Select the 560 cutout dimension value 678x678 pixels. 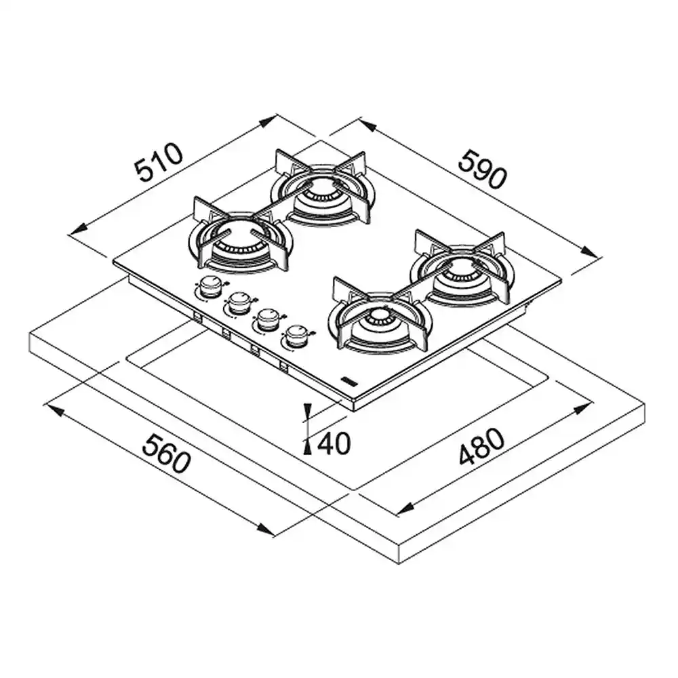pos(167,454)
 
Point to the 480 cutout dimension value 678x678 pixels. pos(481,447)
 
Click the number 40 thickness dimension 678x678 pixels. pos(334,443)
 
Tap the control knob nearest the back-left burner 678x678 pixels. pos(210,287)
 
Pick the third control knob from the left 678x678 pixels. pos(268,320)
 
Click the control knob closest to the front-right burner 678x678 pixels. pos(296,336)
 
